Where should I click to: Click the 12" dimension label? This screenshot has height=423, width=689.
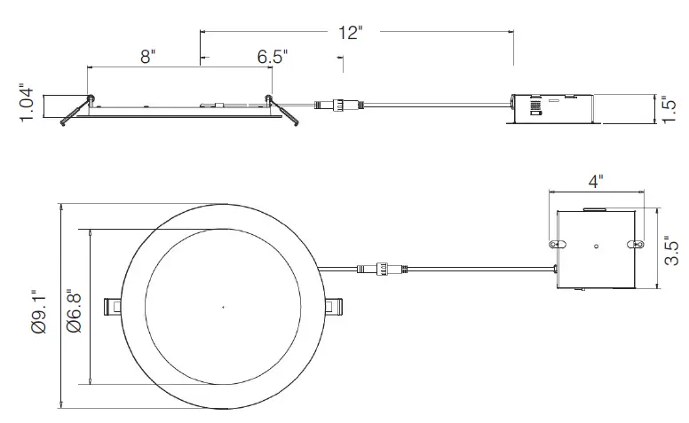tap(351, 33)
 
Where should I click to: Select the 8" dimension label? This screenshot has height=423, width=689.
tap(147, 57)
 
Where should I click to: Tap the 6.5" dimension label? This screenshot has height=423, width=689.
tap(273, 57)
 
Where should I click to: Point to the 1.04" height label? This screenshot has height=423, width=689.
tap(27, 106)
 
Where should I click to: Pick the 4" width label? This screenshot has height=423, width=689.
tap(595, 182)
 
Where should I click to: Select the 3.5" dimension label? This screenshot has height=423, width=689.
tap(672, 250)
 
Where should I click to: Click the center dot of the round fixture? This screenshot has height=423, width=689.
tap(223, 307)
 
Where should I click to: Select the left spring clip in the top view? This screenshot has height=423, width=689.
tap(113, 306)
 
